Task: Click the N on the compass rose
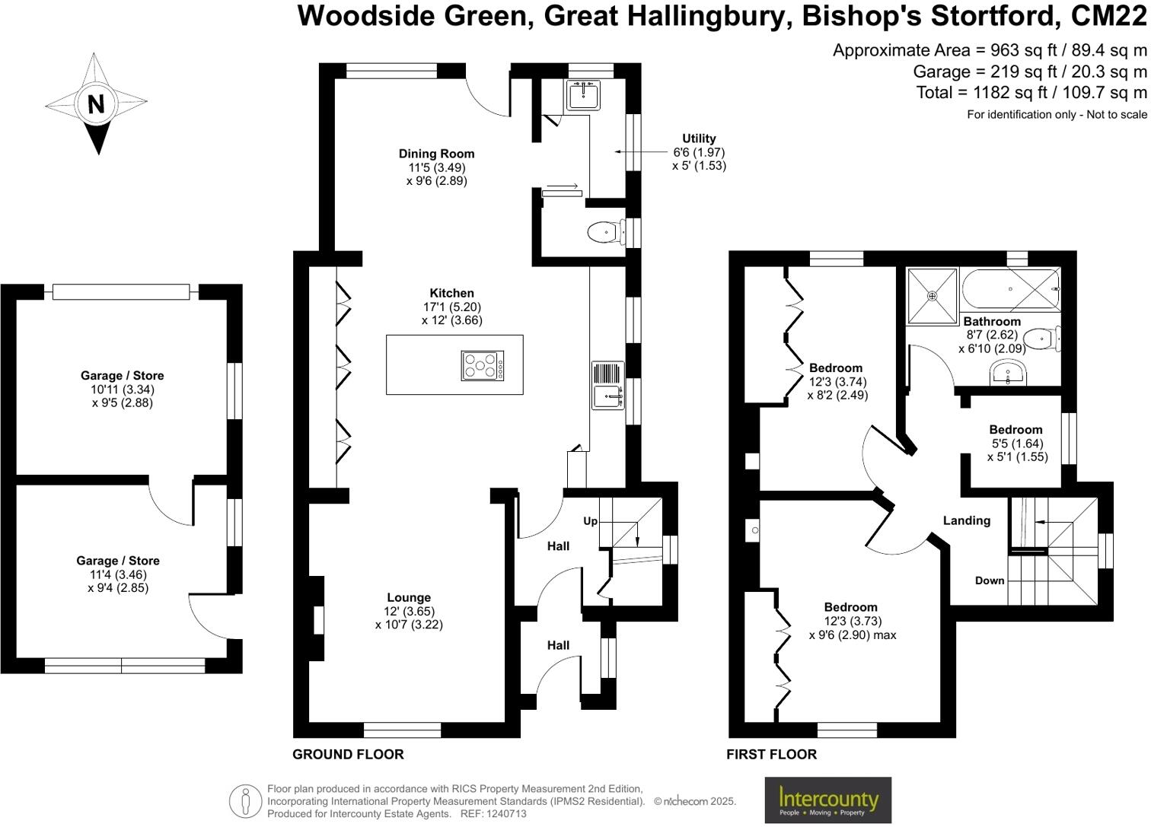pyautogui.click(x=96, y=103)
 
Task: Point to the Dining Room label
pyautogui.click(x=436, y=154)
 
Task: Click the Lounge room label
pyautogui.click(x=409, y=597)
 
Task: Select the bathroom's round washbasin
pyautogui.click(x=1010, y=373)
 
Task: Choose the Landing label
pyautogui.click(x=967, y=520)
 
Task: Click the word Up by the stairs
pyautogui.click(x=590, y=521)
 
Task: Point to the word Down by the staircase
pyautogui.click(x=990, y=580)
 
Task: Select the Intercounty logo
pyautogui.click(x=827, y=800)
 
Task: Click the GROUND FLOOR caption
pyautogui.click(x=348, y=754)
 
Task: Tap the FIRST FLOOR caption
pyautogui.click(x=771, y=754)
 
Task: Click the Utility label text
pyautogui.click(x=699, y=138)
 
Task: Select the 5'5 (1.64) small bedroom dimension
pyautogui.click(x=1016, y=444)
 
